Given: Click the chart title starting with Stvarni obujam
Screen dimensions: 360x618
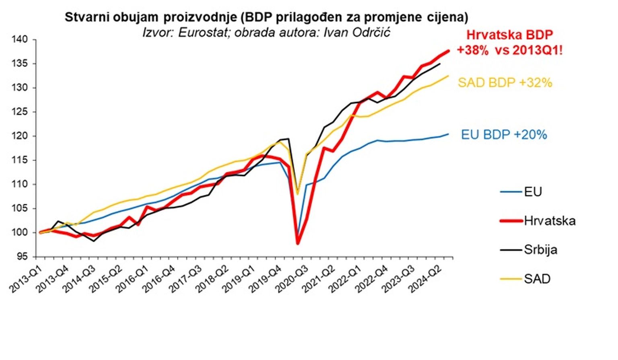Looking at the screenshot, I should [266, 17].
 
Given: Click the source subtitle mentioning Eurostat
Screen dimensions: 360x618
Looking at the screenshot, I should [266, 32].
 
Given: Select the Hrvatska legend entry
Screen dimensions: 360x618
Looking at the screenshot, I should [549, 221].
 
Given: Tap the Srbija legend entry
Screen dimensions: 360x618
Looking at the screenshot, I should [540, 250].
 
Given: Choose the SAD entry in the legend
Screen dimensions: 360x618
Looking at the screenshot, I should [537, 279].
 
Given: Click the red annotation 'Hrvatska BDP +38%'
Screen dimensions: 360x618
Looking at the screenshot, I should [510, 42].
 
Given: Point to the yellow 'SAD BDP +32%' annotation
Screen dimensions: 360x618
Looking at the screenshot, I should [505, 83].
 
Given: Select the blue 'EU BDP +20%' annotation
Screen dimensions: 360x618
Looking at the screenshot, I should [504, 134].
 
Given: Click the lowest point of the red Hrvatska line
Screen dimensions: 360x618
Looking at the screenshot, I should [298, 243].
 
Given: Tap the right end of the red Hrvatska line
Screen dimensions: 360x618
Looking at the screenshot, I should [448, 51].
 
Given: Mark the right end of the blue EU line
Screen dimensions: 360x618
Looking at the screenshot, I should [448, 134].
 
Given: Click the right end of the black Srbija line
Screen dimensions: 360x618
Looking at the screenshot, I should [440, 64].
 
